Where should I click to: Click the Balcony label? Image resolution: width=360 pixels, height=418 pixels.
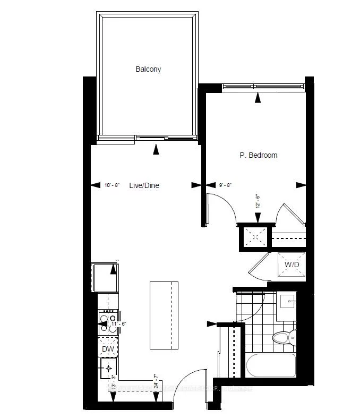[148, 69]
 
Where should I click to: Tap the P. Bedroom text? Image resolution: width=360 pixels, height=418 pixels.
[258, 155]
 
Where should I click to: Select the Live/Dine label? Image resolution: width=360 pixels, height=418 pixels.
[144, 185]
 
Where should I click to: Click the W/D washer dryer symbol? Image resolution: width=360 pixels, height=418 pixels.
[292, 264]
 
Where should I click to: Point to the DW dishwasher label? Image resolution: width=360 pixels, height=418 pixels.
[108, 349]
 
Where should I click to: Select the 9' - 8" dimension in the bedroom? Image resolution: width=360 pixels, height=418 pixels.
[225, 185]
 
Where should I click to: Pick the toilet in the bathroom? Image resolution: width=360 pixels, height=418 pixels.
[282, 337]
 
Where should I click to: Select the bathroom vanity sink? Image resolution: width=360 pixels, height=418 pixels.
[289, 306]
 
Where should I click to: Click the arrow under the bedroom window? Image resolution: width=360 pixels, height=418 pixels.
[258, 97]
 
